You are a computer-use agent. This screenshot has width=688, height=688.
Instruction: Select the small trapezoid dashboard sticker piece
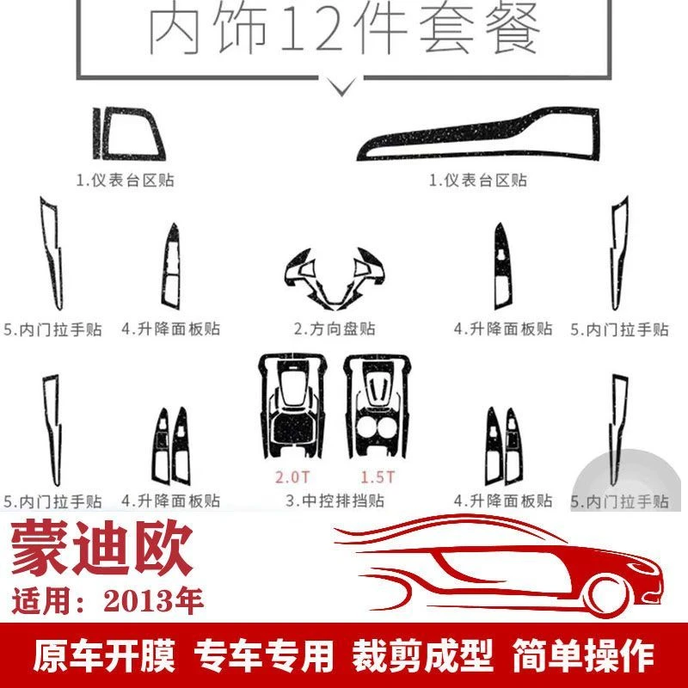tap(128, 134)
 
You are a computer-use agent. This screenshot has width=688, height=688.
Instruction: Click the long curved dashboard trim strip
tap(478, 134)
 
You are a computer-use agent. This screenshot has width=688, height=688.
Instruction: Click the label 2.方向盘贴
tap(335, 329)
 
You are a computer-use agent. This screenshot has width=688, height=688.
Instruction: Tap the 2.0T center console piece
tap(292, 406)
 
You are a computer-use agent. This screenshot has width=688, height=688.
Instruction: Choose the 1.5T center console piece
tap(377, 406)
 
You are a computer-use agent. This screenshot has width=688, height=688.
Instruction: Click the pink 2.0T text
tap(292, 477)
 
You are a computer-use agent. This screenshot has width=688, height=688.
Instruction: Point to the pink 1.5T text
tap(378, 477)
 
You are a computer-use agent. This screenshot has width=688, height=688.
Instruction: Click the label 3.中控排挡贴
tap(335, 501)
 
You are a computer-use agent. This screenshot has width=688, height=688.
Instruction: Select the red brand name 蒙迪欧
tap(101, 548)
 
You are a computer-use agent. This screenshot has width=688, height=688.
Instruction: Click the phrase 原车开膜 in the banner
tap(104, 656)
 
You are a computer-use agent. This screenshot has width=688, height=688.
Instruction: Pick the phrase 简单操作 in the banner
tap(584, 656)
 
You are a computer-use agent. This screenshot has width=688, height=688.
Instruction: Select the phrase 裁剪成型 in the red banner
tap(422, 656)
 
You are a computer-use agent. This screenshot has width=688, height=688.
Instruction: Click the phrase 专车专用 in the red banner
tap(263, 656)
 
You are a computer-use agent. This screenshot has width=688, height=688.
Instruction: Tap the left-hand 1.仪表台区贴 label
tap(126, 181)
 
